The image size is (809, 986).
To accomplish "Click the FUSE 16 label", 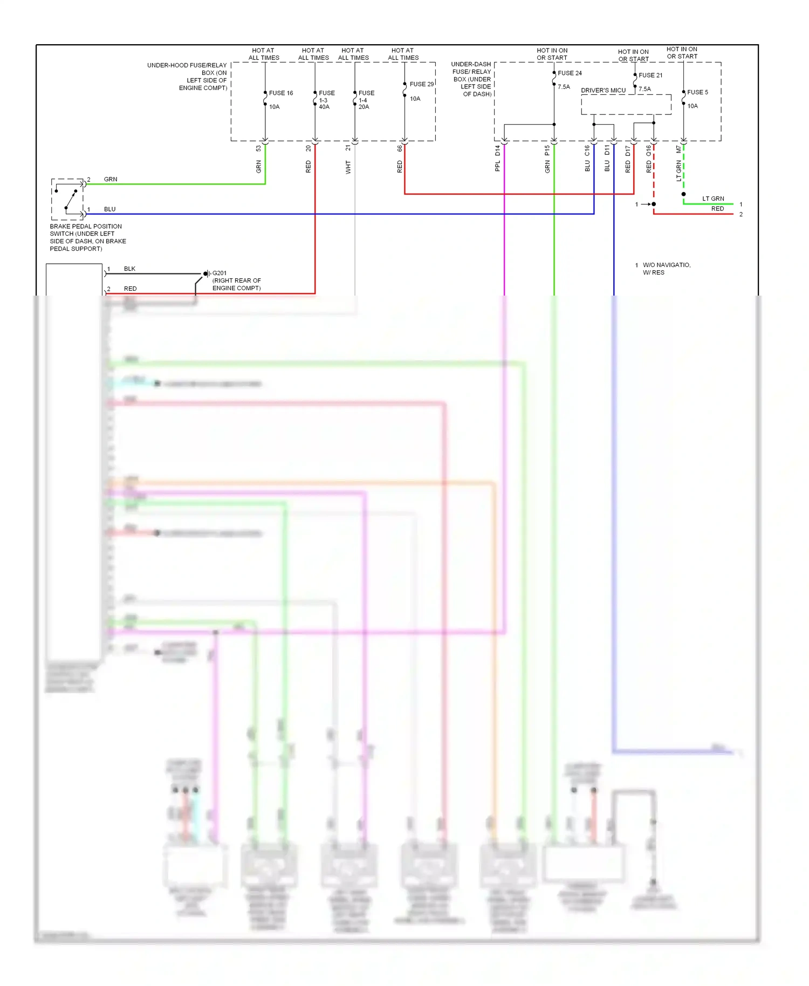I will pyautogui.click(x=280, y=93).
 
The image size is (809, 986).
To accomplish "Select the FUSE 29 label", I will pyautogui.click(x=421, y=84).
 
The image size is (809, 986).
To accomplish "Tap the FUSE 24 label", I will pyautogui.click(x=570, y=73).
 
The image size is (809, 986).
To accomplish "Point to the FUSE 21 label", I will pyautogui.click(x=650, y=75).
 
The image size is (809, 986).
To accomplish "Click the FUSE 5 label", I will pyautogui.click(x=697, y=92).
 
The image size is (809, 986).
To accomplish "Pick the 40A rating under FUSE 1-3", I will pyautogui.click(x=324, y=107).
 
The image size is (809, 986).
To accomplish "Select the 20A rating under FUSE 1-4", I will pyautogui.click(x=364, y=107).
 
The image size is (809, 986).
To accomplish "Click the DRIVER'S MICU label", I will pyautogui.click(x=603, y=90).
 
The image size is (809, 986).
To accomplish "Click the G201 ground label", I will pyautogui.click(x=220, y=273).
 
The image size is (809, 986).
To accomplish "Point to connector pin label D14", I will pyautogui.click(x=497, y=150).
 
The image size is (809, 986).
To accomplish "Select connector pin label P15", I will pyautogui.click(x=547, y=150).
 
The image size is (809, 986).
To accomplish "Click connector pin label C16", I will pyautogui.click(x=587, y=150).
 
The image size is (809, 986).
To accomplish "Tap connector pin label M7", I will pyautogui.click(x=678, y=149).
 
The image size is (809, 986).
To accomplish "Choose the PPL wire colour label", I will pyautogui.click(x=497, y=167).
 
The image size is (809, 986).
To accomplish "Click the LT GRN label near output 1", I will pyautogui.click(x=712, y=198).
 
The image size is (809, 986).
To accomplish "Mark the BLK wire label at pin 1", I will pyautogui.click(x=129, y=269).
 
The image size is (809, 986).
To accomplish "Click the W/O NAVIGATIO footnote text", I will pyautogui.click(x=666, y=265).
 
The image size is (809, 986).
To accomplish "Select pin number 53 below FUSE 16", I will pyautogui.click(x=258, y=148).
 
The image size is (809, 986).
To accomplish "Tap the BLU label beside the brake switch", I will pyautogui.click(x=109, y=209).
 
